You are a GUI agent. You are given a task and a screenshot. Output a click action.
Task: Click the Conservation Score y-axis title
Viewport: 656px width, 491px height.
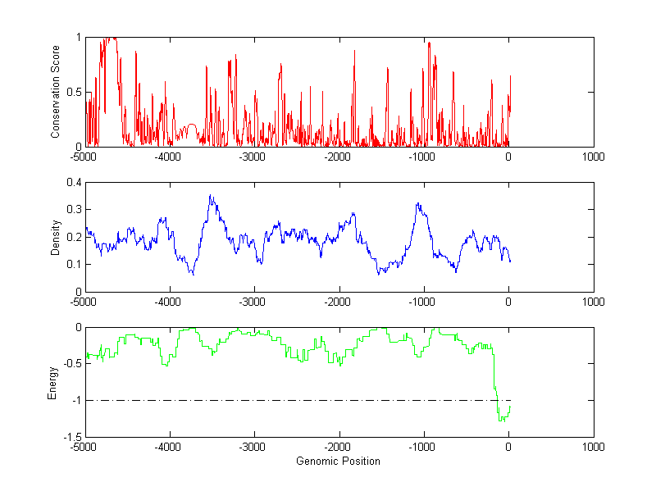[56, 92]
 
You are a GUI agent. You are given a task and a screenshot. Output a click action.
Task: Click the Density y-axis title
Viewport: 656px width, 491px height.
[56, 237]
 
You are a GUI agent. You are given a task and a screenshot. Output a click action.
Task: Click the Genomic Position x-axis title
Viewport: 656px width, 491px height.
[338, 461]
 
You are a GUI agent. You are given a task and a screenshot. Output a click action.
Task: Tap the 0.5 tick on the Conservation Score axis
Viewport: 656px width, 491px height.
[75, 92]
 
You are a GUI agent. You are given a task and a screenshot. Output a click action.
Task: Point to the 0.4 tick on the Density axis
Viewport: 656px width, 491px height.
[74, 183]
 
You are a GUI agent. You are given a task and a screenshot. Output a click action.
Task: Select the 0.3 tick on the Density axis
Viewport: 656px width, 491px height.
[74, 210]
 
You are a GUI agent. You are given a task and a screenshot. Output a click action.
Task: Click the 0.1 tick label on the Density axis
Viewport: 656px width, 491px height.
[74, 264]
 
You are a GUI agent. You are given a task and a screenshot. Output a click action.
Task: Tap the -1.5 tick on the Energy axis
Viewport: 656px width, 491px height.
[72, 437]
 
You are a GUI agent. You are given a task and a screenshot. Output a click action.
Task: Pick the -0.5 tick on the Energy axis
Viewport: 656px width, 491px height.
[72, 364]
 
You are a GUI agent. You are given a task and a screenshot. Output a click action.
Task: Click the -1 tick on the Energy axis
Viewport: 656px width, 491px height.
[76, 401]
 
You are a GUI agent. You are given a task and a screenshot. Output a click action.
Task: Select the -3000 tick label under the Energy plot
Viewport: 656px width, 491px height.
[253, 447]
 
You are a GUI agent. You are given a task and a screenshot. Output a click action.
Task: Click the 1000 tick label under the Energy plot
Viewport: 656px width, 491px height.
[593, 447]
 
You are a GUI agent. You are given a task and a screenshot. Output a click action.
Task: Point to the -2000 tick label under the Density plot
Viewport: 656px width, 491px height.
[338, 302]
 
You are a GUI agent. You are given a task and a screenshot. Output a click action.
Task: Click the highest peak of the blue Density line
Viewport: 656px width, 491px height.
[211, 195]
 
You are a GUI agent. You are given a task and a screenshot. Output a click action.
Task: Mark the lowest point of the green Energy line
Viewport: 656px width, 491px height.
[500, 421]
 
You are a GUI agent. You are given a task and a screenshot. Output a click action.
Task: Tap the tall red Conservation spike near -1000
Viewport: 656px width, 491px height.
[429, 43]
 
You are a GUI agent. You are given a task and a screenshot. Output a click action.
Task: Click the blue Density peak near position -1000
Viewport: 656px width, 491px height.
[418, 203]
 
